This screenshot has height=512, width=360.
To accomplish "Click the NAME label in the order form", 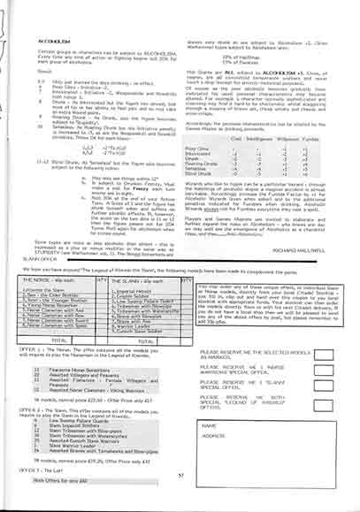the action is click(209, 448).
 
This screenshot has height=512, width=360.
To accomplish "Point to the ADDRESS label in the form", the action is click(213, 461).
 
